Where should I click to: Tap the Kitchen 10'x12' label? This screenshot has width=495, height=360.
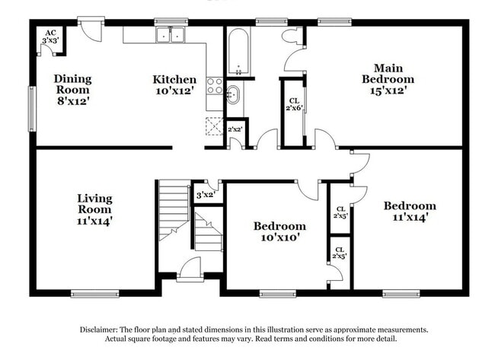(174, 84)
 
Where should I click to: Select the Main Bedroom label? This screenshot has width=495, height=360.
(388, 78)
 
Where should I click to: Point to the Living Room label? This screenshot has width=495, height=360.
(94, 209)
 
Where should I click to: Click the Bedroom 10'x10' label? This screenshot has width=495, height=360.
(279, 231)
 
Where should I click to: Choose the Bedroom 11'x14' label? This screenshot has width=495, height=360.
(409, 211)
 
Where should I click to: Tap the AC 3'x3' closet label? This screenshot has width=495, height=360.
(50, 37)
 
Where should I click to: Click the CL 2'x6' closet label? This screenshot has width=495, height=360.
(293, 106)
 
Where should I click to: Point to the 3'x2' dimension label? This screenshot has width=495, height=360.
(206, 194)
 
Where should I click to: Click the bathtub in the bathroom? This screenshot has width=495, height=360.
(238, 52)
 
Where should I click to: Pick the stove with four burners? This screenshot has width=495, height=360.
(215, 86)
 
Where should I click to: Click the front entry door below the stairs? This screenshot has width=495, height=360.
(189, 269)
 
